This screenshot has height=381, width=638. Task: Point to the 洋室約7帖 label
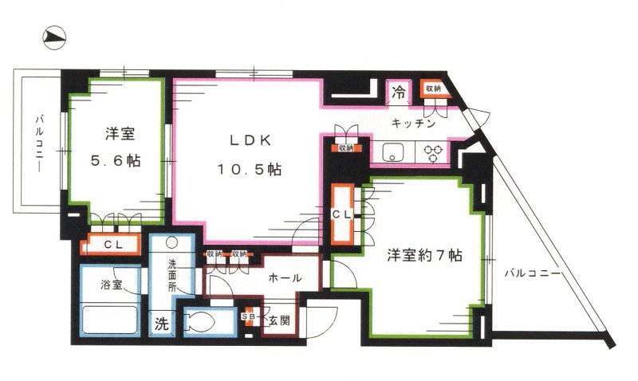tap(425, 256)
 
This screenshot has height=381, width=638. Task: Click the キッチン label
tap(413, 124)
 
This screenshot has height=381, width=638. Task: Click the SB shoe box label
tap(250, 317)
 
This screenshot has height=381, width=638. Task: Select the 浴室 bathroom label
tap(111, 285)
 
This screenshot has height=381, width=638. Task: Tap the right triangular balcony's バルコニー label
tap(533, 273)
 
